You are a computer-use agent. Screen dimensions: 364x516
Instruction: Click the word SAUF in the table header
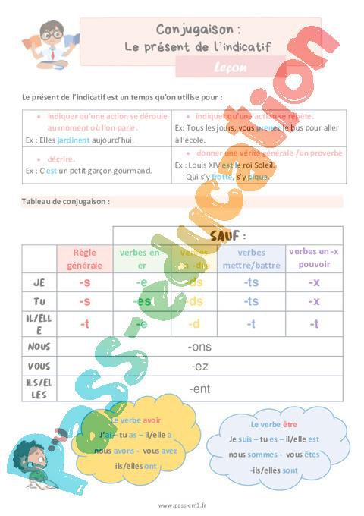coord(227,235)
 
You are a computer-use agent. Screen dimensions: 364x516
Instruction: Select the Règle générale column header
coord(84,259)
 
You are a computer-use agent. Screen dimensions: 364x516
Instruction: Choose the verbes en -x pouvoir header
coord(314,258)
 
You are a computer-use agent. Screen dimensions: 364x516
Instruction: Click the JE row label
coord(39,282)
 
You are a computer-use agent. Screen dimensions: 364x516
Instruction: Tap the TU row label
coord(39,301)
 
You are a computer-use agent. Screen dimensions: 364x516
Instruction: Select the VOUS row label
coord(39,367)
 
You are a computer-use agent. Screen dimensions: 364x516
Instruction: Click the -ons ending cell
coord(199,347)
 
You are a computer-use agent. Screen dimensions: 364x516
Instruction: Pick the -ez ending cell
coord(199,367)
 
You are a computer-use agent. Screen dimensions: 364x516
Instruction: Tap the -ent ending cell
coord(199,389)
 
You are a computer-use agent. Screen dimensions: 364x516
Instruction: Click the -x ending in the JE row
coord(314,282)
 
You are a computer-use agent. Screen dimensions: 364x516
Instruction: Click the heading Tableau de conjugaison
coord(67,202)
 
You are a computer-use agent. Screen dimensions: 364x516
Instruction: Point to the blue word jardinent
coord(74,140)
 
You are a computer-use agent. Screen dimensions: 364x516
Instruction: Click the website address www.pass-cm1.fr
coord(182,505)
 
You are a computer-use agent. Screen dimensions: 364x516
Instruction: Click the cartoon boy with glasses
coord(50,45)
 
